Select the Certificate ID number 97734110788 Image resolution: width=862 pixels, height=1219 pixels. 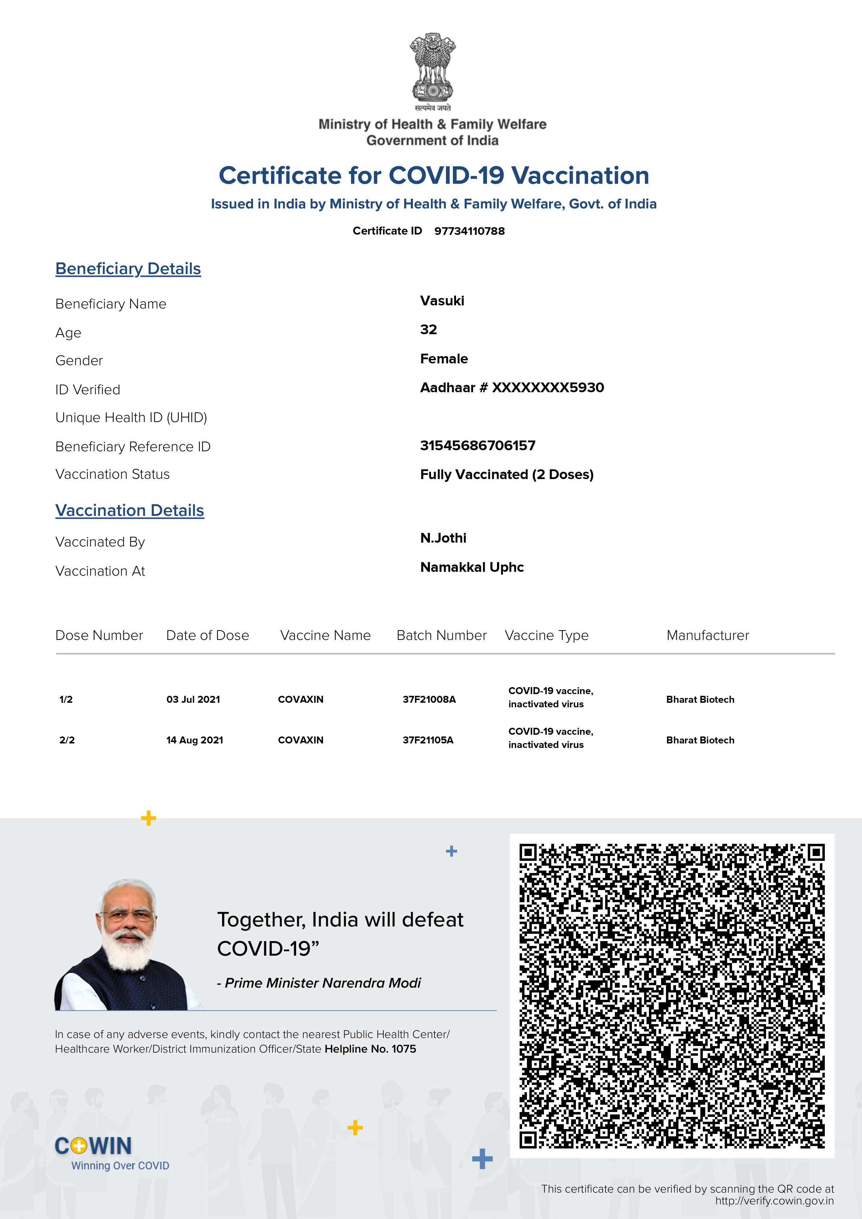pyautogui.click(x=470, y=231)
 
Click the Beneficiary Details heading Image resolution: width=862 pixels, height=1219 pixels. pyautogui.click(x=128, y=269)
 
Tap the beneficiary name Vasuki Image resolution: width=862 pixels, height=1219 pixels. pyautogui.click(x=442, y=301)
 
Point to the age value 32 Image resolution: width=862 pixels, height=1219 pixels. pyautogui.click(x=428, y=330)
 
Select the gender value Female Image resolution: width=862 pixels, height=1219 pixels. pyautogui.click(x=444, y=359)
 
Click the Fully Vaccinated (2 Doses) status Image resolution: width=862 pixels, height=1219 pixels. pyautogui.click(x=507, y=474)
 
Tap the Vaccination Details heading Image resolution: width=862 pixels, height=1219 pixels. pyautogui.click(x=130, y=510)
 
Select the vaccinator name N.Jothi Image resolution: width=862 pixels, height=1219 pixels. pyautogui.click(x=443, y=538)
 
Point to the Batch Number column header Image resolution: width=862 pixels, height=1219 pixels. pyautogui.click(x=441, y=635)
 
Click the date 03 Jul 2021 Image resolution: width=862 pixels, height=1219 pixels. pyautogui.click(x=193, y=699)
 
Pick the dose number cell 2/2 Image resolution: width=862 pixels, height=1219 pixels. pyautogui.click(x=67, y=740)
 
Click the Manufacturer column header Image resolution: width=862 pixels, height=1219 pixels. pyautogui.click(x=707, y=635)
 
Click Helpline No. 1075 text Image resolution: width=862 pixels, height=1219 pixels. pyautogui.click(x=370, y=1049)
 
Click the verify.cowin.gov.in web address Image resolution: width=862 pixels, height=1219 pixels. pyautogui.click(x=774, y=1201)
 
